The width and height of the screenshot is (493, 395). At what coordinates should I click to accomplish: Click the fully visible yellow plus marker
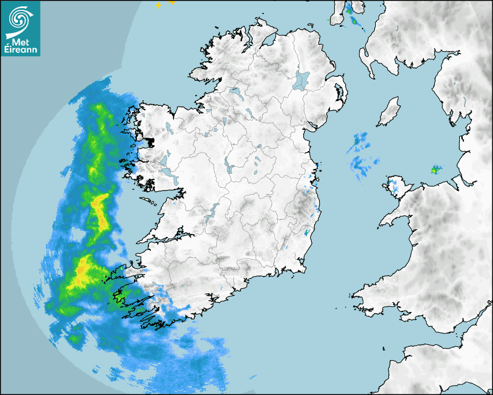pos(158,5)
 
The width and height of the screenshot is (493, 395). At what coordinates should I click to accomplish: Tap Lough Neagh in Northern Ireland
pos(302,80)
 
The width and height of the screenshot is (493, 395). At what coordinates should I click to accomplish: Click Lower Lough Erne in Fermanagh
pos(235,92)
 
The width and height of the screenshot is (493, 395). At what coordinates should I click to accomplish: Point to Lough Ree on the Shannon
pos(230,168)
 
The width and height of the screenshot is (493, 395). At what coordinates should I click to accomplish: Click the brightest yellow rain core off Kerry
pos(81,274)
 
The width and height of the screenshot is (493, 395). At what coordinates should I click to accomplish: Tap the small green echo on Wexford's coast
pos(306,233)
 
